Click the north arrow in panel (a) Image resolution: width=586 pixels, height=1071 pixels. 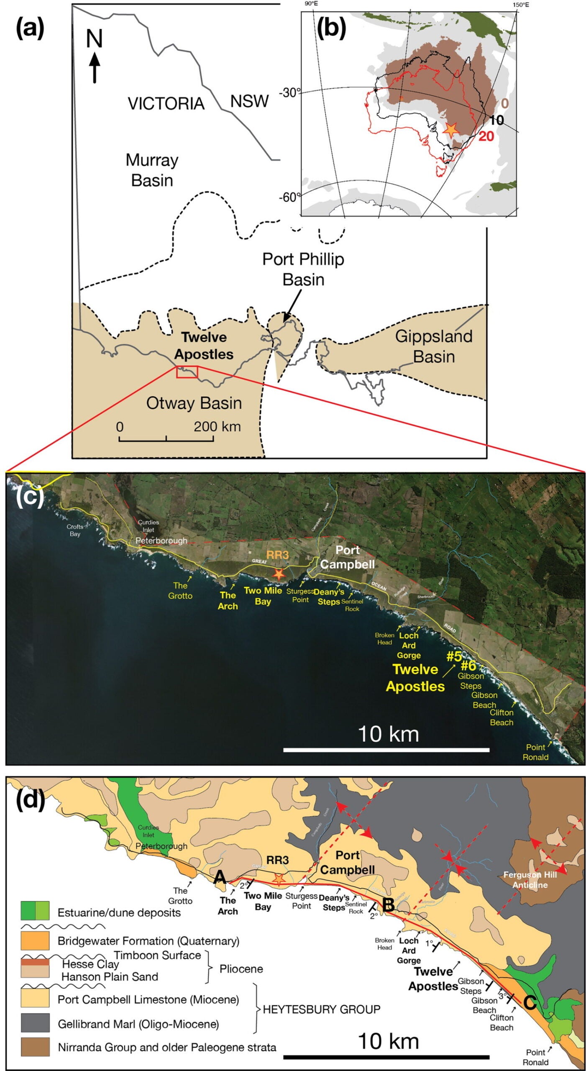[x=95, y=66]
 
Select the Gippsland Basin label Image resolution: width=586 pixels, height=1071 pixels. [x=434, y=346]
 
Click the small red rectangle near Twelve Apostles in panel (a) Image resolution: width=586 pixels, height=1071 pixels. [x=187, y=372]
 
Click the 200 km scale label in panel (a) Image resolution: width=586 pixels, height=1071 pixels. [x=217, y=426]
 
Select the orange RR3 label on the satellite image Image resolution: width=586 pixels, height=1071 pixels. [x=277, y=555]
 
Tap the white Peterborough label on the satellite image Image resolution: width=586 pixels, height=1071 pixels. [x=161, y=541]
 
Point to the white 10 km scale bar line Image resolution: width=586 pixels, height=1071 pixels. [x=386, y=749]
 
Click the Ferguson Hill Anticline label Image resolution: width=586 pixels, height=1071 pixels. [x=530, y=879]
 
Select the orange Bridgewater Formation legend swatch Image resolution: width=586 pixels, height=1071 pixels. [x=35, y=941]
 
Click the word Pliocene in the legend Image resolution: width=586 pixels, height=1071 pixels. [x=241, y=969]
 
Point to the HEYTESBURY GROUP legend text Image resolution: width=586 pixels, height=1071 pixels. [x=321, y=1009]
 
